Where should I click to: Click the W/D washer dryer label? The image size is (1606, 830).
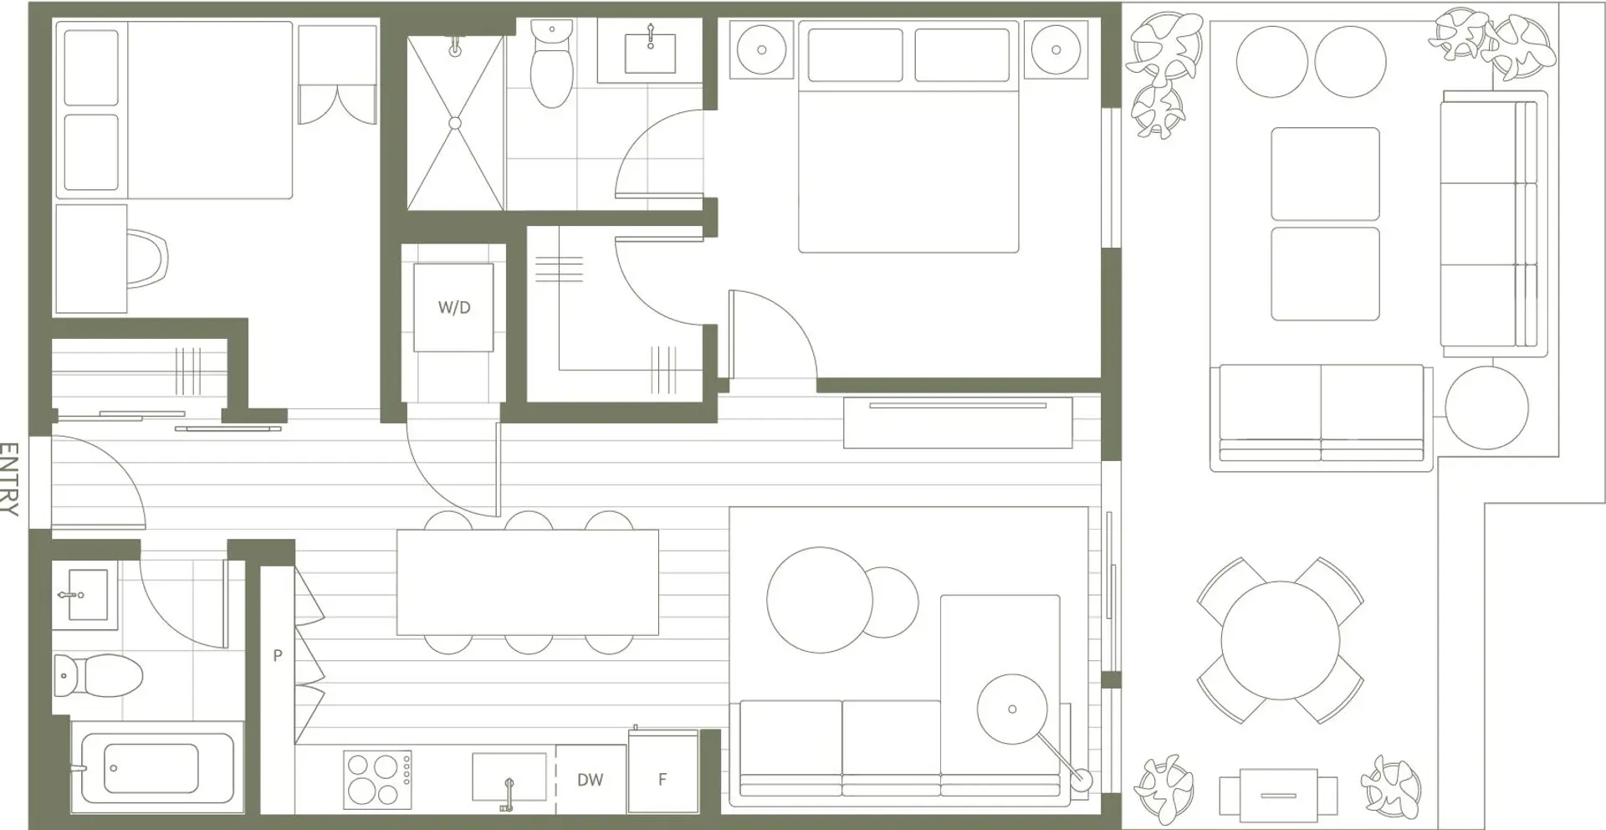pyautogui.click(x=454, y=308)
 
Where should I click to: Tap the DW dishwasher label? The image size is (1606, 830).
pyautogui.click(x=591, y=780)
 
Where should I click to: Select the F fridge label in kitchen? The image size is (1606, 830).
pyautogui.click(x=662, y=780)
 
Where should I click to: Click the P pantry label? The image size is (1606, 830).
pyautogui.click(x=278, y=656)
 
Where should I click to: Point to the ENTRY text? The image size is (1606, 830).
pyautogui.click(x=9, y=479)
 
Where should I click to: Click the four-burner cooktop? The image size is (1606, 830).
pyautogui.click(x=377, y=780)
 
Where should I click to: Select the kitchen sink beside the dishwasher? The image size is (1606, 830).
pyautogui.click(x=509, y=777)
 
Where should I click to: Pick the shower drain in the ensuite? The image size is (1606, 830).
pyautogui.click(x=455, y=123)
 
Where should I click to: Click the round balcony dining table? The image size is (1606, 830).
pyautogui.click(x=1280, y=640)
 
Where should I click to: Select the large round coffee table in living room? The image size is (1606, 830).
pyautogui.click(x=820, y=600)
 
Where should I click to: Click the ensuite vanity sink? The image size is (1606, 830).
pyautogui.click(x=650, y=53)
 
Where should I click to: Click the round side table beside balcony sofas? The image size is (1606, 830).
pyautogui.click(x=1487, y=408)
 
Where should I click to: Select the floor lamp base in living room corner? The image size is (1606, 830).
pyautogui.click(x=1082, y=780)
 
